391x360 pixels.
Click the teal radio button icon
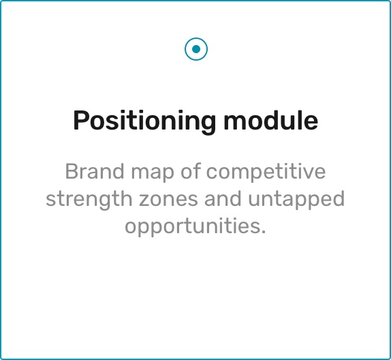pos(196,49)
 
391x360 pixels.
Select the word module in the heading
pos(271,120)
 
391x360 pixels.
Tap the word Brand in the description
pos(95,171)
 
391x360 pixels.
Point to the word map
pos(153,173)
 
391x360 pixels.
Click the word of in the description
pos(191,171)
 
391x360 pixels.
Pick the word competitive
pos(266,172)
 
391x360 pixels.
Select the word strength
pos(89,199)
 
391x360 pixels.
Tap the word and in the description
pos(223,198)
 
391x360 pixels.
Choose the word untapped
pos(296,200)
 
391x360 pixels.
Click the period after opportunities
pos(264,232)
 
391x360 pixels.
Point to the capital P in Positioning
pos(81,120)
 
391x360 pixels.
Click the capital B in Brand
pos(72,171)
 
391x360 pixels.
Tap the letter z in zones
pos(144,200)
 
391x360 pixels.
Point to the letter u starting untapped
pos(254,200)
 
